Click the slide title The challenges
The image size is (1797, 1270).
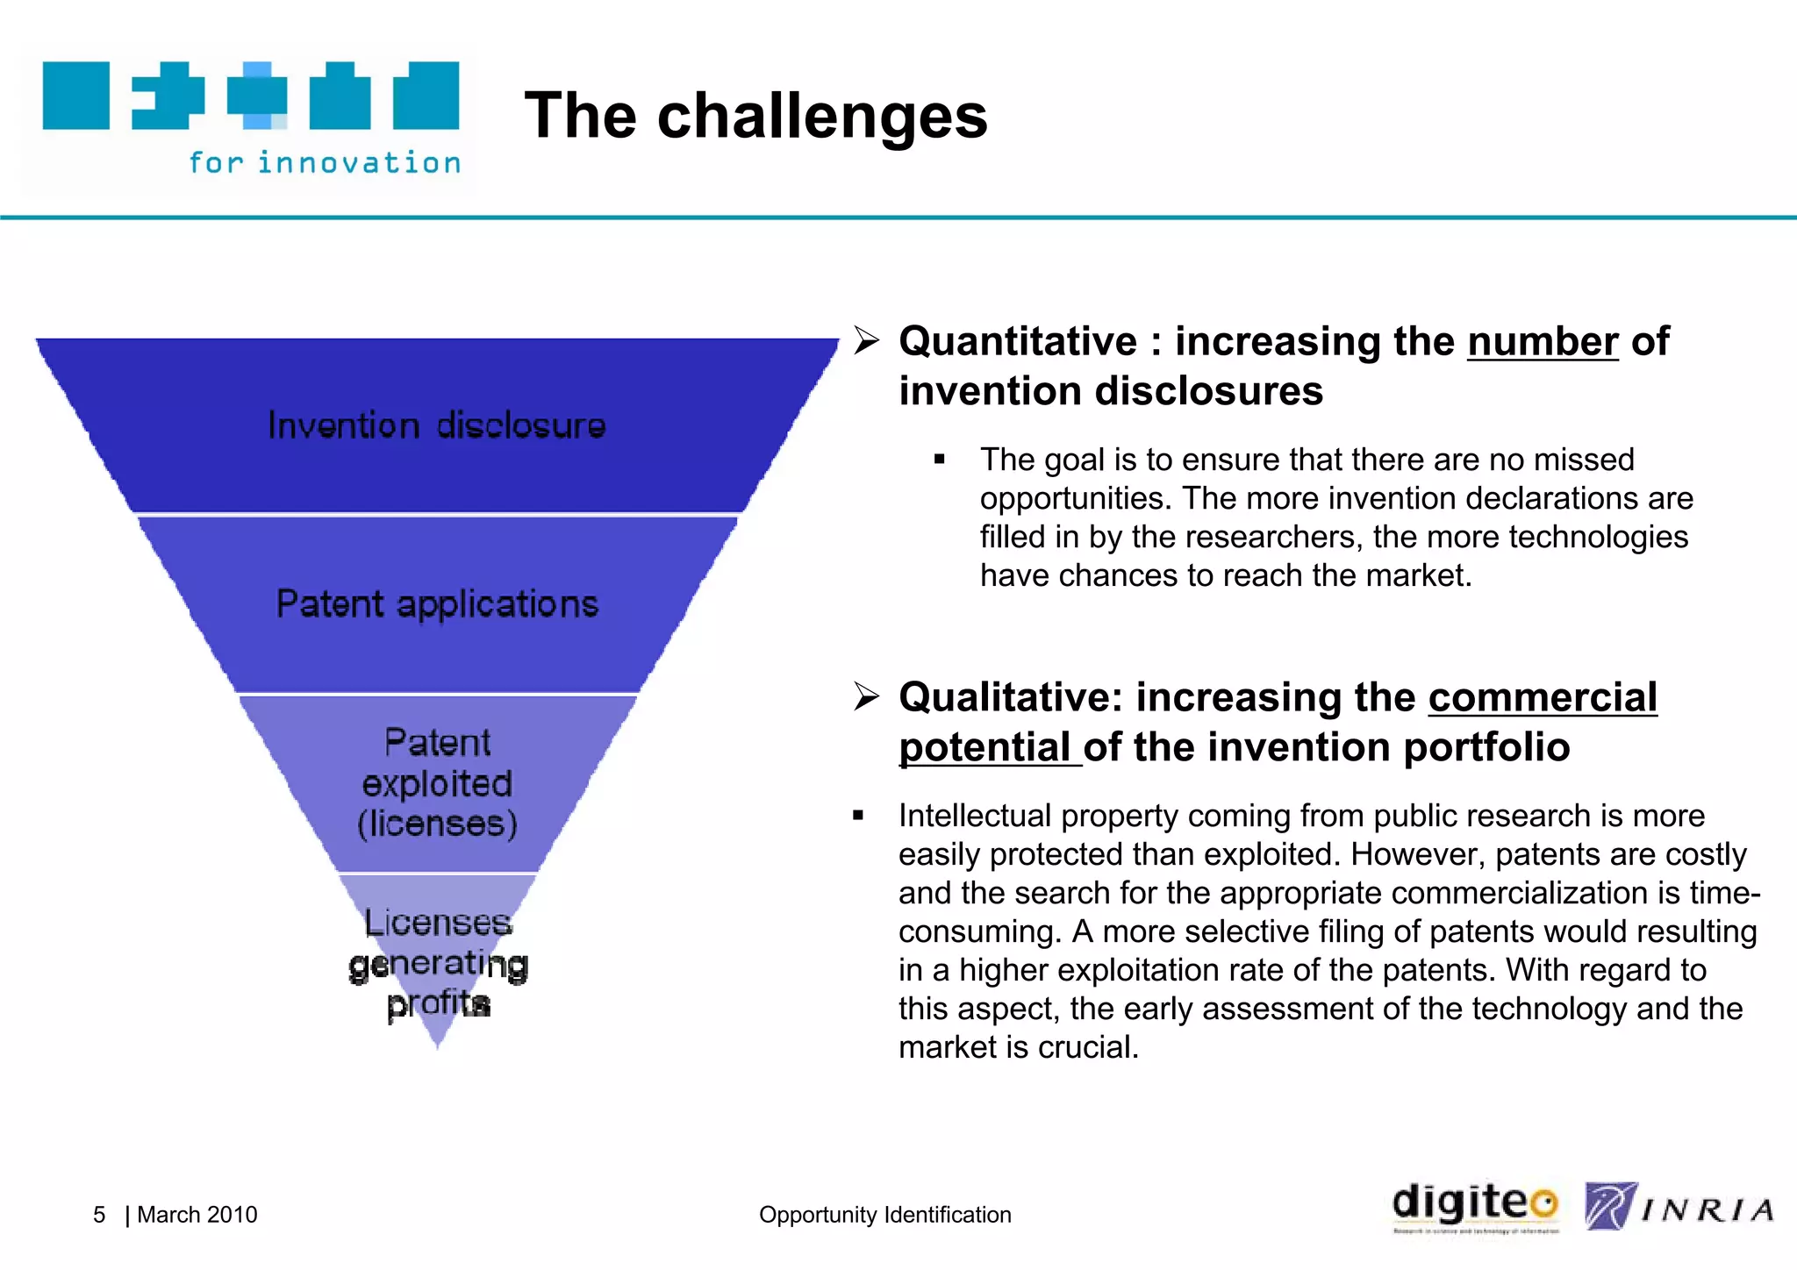coord(755,116)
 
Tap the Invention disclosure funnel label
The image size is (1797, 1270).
coord(436,425)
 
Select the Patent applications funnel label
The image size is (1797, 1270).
coord(437,604)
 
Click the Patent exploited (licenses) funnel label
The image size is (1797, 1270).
coord(437,783)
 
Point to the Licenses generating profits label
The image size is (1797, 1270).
coord(438,963)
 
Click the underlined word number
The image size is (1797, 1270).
coord(1543,341)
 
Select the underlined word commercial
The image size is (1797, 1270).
coord(1543,697)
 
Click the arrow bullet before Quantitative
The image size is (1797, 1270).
coord(866,341)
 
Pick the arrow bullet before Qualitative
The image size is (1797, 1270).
coord(866,697)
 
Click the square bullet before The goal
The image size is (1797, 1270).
coord(940,460)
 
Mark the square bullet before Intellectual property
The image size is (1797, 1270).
coord(858,816)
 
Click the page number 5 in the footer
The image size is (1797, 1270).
coord(99,1215)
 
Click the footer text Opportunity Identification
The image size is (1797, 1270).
coord(884,1215)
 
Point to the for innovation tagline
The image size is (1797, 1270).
coord(325,162)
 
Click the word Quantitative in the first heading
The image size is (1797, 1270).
coord(1018,341)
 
